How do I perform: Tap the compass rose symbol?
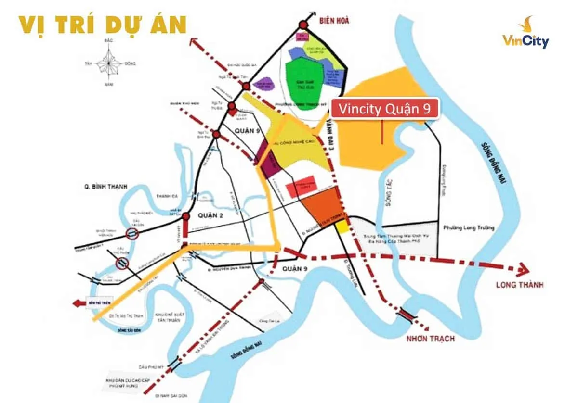110,64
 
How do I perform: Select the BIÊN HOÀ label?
333,21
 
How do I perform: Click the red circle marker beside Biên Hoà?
303,25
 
